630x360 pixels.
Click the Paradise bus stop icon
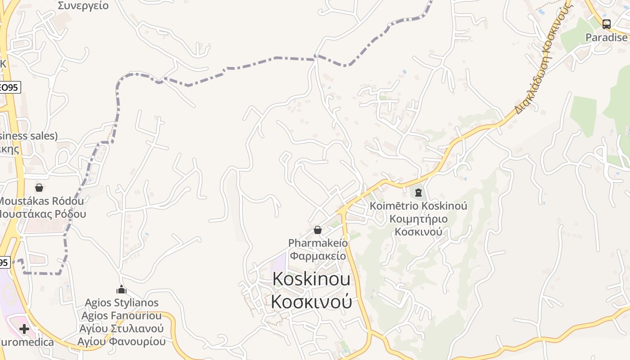(607, 24)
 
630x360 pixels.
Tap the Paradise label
(607, 37)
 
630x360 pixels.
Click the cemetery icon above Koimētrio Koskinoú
(418, 193)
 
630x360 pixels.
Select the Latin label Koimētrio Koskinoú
(418, 206)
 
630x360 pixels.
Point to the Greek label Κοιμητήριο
(418, 219)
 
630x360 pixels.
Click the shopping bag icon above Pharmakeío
(318, 230)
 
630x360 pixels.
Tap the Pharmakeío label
(318, 243)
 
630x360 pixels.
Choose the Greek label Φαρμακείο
(318, 256)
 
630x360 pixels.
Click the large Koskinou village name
(311, 279)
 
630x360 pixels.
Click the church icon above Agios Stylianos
(121, 289)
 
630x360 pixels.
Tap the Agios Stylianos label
(121, 302)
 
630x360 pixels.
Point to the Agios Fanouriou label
(121, 315)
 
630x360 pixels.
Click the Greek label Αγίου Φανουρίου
(121, 342)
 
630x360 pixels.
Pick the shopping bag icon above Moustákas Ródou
(39, 187)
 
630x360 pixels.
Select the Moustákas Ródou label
(41, 201)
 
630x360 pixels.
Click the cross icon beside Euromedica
(24, 329)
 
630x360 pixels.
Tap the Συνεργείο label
(83, 6)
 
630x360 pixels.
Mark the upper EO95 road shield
(9, 87)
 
